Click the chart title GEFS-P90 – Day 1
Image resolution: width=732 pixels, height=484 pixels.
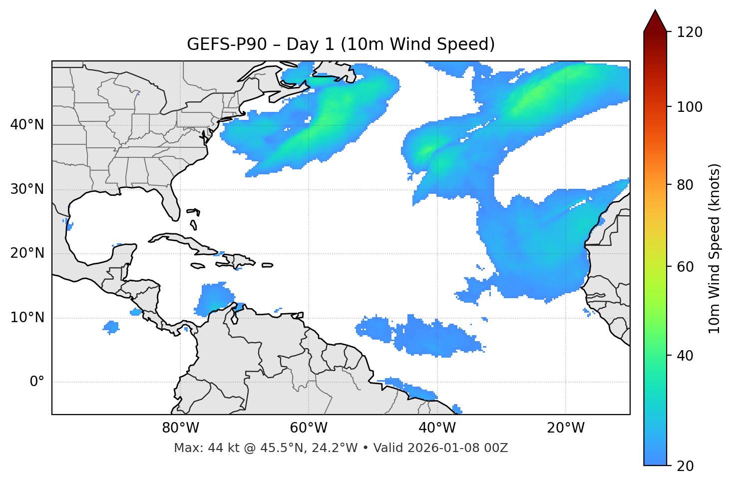click(x=341, y=44)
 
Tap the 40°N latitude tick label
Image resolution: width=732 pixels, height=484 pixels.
click(x=27, y=124)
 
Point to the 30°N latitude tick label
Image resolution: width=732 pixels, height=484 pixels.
click(x=27, y=189)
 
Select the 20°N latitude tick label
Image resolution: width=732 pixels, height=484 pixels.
click(x=27, y=253)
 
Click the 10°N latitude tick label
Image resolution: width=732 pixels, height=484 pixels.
click(x=27, y=318)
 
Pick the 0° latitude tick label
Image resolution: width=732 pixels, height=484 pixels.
click(x=36, y=382)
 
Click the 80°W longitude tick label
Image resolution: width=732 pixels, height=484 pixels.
click(x=180, y=428)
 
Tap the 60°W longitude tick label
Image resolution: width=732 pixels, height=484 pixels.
click(x=309, y=428)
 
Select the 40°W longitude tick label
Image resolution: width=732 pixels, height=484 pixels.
click(x=437, y=428)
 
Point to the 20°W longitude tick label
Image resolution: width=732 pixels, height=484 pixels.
click(x=565, y=428)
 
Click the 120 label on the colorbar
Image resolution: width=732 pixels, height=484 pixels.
click(x=690, y=32)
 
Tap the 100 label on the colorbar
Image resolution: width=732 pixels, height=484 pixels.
click(x=690, y=107)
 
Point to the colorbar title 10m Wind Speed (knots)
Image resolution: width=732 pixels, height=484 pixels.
click(x=715, y=248)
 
